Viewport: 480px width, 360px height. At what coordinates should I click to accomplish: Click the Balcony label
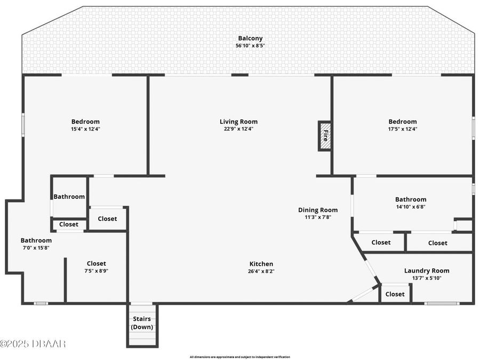[250, 38]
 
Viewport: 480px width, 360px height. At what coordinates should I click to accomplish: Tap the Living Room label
[238, 122]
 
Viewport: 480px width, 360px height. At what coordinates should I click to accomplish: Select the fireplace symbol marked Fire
[324, 136]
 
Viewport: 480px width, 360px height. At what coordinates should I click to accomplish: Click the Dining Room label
[318, 210]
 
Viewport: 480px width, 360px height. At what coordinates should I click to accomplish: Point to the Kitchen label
[261, 264]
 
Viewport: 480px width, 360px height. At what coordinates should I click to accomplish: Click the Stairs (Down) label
[142, 323]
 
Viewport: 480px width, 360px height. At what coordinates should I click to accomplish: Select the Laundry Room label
[427, 271]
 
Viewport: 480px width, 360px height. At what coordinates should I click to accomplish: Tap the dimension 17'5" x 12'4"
[403, 129]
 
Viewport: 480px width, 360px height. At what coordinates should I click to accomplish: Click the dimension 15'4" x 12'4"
[86, 129]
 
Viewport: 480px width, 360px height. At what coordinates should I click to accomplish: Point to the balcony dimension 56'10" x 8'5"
[250, 46]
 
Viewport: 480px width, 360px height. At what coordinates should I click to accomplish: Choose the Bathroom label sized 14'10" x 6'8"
[411, 199]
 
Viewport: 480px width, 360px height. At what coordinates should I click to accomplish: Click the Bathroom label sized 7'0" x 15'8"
[36, 241]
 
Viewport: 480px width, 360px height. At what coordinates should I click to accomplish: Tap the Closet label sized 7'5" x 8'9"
[97, 263]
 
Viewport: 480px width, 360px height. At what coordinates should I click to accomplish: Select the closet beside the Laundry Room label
[395, 294]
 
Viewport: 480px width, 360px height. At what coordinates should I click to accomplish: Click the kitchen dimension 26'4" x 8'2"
[261, 271]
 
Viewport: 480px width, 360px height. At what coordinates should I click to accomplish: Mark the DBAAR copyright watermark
[33, 344]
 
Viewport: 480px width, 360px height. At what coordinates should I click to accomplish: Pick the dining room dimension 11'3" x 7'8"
[318, 217]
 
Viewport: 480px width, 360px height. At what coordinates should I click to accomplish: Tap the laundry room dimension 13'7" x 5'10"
[427, 278]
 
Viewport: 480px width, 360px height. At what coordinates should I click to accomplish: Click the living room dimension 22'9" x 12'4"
[238, 129]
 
